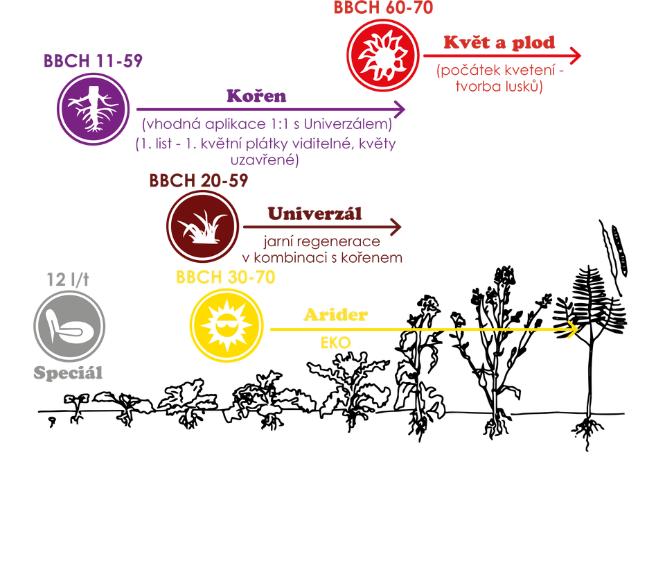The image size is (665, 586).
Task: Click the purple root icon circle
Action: pos(94,109)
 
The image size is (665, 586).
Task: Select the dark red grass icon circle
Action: pos(203,225)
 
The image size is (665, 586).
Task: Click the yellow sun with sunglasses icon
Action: pos(227,325)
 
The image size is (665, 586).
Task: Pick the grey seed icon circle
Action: pos(69,326)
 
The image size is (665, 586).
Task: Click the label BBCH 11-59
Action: pos(93,61)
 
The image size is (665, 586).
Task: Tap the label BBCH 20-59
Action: pos(198,180)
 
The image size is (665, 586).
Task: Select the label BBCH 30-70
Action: pos(226,277)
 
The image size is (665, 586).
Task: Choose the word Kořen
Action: pos(256,96)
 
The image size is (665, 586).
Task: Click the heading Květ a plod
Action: pos(499,42)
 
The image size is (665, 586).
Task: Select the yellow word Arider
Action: pos(335,314)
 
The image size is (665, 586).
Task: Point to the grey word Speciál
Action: pos(68,372)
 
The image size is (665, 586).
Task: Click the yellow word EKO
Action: pos(335,343)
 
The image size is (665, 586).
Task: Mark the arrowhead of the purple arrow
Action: pos(400,109)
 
